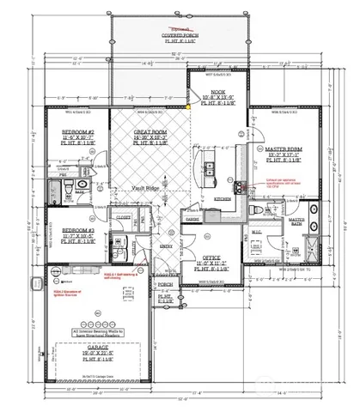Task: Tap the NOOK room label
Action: click(x=211, y=91)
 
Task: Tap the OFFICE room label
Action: click(x=211, y=256)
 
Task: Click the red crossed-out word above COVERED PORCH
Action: click(x=180, y=15)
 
